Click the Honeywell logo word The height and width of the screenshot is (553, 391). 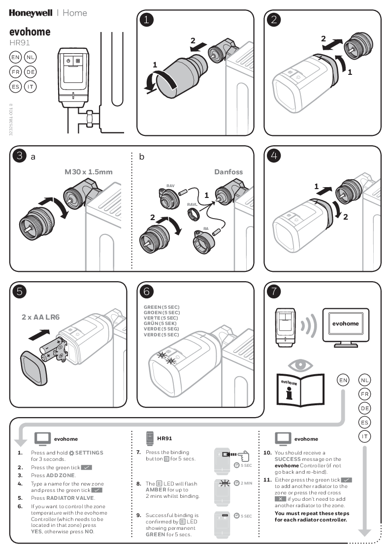(31, 13)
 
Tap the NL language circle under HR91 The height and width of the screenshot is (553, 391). (30, 58)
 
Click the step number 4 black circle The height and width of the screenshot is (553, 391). (274, 156)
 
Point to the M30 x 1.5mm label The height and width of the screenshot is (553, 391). (89, 172)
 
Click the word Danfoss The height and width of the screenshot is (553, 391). (228, 172)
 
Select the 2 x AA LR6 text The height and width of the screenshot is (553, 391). (40, 317)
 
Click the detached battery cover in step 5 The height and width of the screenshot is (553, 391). (35, 367)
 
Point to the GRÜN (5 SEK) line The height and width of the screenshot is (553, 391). (162, 324)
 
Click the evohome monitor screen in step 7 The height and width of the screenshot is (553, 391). (345, 324)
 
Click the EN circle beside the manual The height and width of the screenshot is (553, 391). (343, 380)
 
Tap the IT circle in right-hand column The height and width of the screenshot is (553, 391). (365, 436)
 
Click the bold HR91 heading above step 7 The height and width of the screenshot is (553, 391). (164, 438)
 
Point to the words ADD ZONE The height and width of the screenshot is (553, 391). (61, 475)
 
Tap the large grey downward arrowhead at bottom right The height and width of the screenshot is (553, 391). (364, 532)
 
